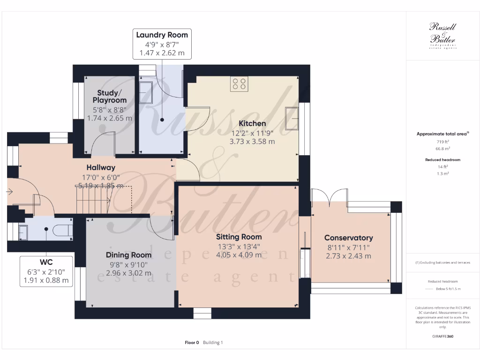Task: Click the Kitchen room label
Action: click(252, 123)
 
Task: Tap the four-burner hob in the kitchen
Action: click(239, 84)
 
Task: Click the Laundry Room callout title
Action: click(162, 35)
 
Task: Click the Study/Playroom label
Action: click(109, 97)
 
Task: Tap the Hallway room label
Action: click(100, 167)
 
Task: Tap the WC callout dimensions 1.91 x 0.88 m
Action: click(46, 281)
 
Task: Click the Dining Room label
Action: click(128, 255)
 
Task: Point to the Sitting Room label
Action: click(239, 237)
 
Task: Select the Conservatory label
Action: click(348, 238)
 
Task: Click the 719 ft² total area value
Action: click(442, 141)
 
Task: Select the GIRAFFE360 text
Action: click(442, 337)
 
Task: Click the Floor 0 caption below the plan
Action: click(192, 343)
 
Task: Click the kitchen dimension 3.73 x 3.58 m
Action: click(252, 141)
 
